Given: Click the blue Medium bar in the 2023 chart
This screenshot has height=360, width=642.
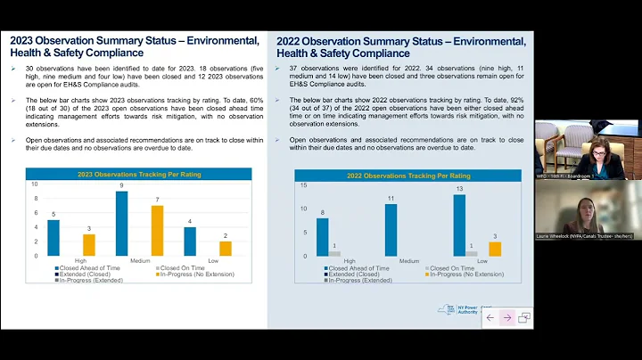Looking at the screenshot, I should click(121, 224).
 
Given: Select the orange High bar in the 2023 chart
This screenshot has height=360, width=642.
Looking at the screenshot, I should click(88, 245).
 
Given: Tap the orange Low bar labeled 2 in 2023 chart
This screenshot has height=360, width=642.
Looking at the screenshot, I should click(226, 249).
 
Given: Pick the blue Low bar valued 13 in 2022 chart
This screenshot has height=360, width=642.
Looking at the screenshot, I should click(459, 225).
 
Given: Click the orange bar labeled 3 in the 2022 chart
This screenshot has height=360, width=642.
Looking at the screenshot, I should click(495, 249).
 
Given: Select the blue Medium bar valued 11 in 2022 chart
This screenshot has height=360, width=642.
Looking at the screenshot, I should click(391, 230).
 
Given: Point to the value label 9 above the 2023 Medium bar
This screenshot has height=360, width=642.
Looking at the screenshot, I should click(121, 186).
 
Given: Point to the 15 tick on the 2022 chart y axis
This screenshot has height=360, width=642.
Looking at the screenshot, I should click(303, 185).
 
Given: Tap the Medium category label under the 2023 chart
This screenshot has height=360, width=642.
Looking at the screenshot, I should click(140, 261).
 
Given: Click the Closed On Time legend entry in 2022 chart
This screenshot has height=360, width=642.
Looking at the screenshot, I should click(450, 267).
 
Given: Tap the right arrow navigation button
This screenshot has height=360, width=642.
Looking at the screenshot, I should click(506, 317).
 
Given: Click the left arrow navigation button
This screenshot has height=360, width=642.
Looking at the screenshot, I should click(490, 317).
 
